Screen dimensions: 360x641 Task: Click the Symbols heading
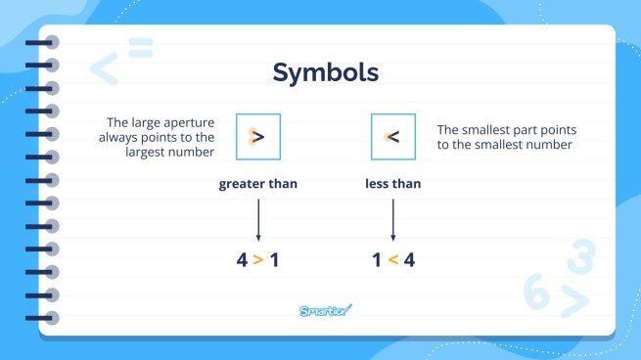pos(325,72)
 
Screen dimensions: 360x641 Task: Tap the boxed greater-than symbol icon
pos(258,137)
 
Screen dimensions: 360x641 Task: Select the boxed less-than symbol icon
pos(392,137)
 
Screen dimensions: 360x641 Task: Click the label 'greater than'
pos(258,183)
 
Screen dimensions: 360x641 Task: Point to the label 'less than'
pos(392,183)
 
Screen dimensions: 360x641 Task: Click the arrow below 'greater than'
pos(258,219)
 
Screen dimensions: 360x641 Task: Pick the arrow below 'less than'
pos(392,219)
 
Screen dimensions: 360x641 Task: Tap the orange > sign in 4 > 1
pos(258,260)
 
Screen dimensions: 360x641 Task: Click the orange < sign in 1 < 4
pos(392,260)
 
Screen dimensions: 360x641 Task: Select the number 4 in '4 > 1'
pos(241,260)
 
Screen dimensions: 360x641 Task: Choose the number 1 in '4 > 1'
pos(275,260)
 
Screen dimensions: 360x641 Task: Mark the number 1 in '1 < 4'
pos(375,260)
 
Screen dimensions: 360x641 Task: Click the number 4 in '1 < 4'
pos(409,260)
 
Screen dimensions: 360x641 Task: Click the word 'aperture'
pos(187,122)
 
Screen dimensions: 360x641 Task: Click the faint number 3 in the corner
pos(580,258)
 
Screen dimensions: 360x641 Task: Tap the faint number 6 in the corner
pos(536,292)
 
